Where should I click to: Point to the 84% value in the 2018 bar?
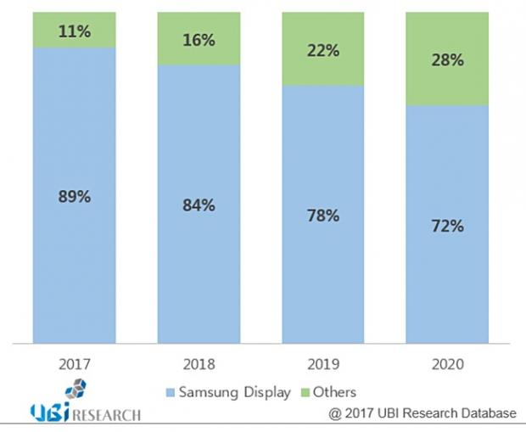click(x=199, y=205)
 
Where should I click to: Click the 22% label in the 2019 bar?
click(x=323, y=51)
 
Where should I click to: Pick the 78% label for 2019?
click(x=323, y=216)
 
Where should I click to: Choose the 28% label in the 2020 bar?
click(x=447, y=60)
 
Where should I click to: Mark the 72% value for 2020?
click(x=447, y=226)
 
